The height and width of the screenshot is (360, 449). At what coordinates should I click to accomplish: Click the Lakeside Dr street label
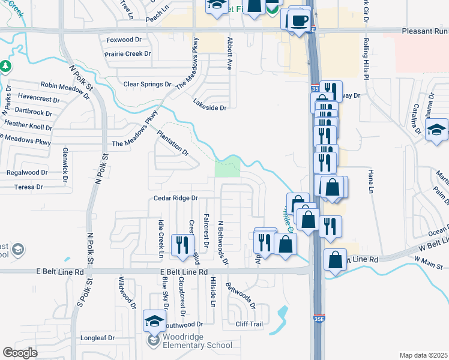coord(209,108)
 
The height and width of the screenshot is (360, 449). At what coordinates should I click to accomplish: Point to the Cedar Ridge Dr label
coord(175,197)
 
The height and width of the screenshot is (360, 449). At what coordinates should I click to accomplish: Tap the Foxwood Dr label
coord(123,40)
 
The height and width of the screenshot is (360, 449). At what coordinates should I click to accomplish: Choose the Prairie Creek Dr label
coord(128,54)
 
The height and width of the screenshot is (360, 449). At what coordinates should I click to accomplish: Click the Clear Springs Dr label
coord(147,85)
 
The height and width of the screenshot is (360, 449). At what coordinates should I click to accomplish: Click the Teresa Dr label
coord(29,187)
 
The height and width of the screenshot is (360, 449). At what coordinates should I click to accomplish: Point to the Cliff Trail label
coord(249,324)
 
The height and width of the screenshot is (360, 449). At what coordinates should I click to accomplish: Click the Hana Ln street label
coord(371,181)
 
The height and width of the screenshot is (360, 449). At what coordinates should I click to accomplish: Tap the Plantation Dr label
coord(173,143)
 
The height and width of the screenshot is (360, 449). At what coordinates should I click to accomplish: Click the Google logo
coord(20,353)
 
